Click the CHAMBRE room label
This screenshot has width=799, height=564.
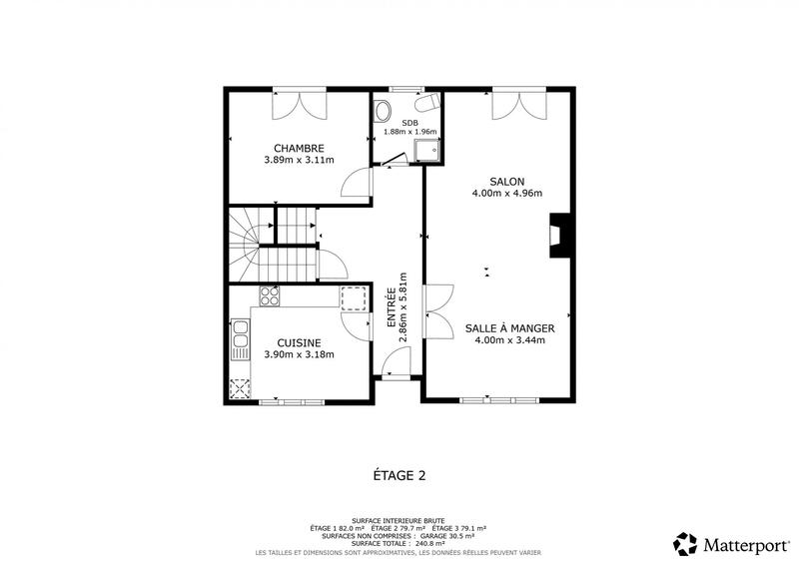[299, 148]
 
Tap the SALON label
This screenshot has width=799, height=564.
[506, 182]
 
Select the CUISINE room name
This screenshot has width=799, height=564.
[299, 342]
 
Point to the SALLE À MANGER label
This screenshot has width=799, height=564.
[508, 327]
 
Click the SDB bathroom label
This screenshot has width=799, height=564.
[410, 122]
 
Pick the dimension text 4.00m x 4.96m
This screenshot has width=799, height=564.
[506, 194]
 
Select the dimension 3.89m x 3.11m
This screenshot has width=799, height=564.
[299, 160]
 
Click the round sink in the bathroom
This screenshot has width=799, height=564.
[383, 111]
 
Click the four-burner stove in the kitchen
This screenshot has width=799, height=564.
[269, 295]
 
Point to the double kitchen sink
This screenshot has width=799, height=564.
[240, 339]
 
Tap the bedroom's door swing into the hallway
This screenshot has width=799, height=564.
[356, 183]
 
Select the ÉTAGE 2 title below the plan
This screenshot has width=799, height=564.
[399, 476]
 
